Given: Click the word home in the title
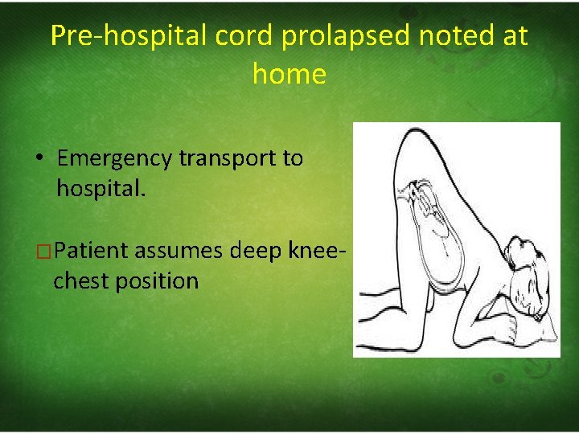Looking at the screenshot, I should coord(289,75).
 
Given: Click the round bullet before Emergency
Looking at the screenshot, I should coord(39,158).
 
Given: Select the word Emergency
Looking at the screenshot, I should coord(114,158).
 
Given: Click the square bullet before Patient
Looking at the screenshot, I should coord(45,252).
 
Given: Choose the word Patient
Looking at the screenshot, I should coord(92,251).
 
